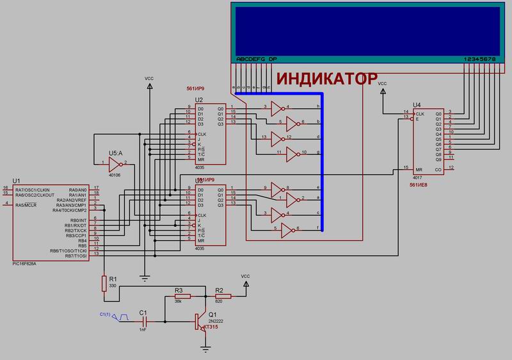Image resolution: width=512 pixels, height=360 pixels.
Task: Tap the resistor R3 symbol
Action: tap(179, 297)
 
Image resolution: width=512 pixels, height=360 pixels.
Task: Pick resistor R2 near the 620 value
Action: tap(220, 297)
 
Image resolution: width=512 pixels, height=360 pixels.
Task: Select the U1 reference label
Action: tap(17, 182)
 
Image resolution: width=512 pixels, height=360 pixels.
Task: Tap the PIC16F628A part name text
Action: tap(24, 263)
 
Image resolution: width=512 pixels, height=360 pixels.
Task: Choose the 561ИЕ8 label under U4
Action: tap(419, 184)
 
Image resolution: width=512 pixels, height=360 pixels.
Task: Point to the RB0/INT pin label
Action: tap(76, 220)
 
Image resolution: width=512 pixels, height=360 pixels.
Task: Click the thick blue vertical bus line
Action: tap(322, 160)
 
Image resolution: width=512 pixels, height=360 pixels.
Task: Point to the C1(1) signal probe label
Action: tap(106, 313)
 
